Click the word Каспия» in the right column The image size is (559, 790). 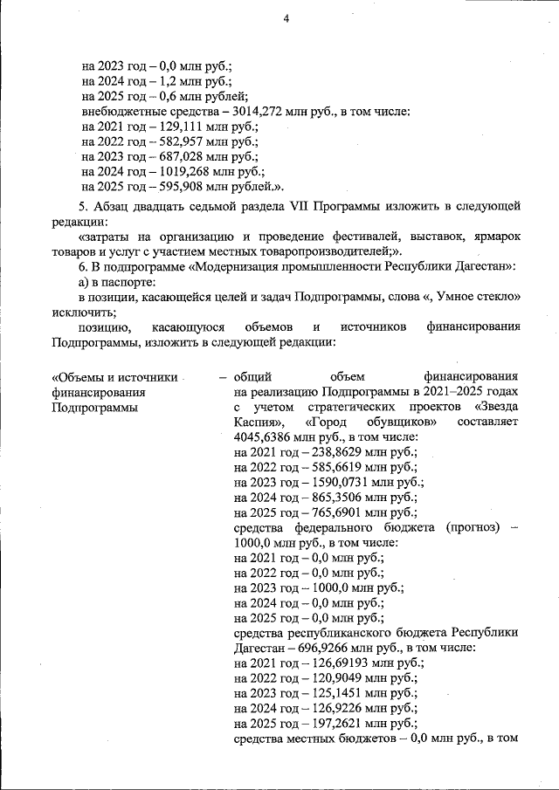click(x=259, y=422)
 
